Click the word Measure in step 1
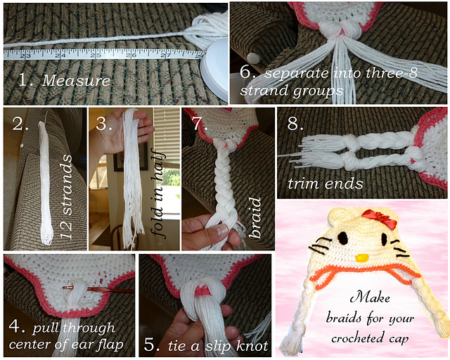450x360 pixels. pyautogui.click(x=76, y=80)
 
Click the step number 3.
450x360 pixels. pyautogui.click(x=105, y=124)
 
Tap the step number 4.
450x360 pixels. pyautogui.click(x=16, y=328)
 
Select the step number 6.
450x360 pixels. pyautogui.click(x=246, y=74)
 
